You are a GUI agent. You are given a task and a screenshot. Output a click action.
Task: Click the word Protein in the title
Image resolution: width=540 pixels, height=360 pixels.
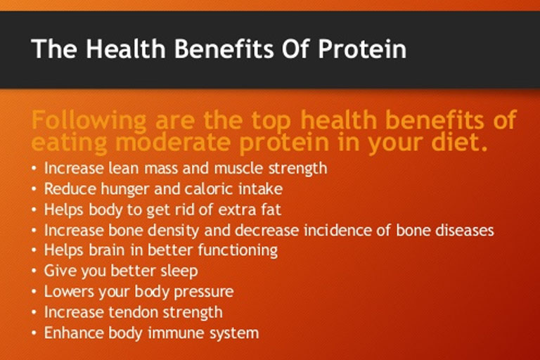pyautogui.click(x=362, y=49)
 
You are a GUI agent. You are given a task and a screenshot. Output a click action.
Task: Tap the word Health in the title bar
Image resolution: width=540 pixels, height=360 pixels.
pyautogui.click(x=126, y=49)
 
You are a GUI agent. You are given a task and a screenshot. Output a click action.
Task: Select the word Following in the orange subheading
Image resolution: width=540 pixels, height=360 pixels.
pyautogui.click(x=89, y=121)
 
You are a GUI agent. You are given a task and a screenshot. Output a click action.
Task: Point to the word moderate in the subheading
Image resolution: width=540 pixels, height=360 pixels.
pyautogui.click(x=172, y=142)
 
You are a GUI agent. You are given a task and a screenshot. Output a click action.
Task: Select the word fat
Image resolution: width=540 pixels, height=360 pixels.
pyautogui.click(x=271, y=210)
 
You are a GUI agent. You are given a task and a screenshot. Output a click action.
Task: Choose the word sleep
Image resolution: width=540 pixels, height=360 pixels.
pyautogui.click(x=179, y=271)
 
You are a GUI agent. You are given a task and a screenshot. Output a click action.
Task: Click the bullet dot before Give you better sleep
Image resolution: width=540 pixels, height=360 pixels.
pyautogui.click(x=34, y=271)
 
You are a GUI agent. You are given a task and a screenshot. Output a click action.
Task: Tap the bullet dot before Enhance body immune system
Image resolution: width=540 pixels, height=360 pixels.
pyautogui.click(x=34, y=333)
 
